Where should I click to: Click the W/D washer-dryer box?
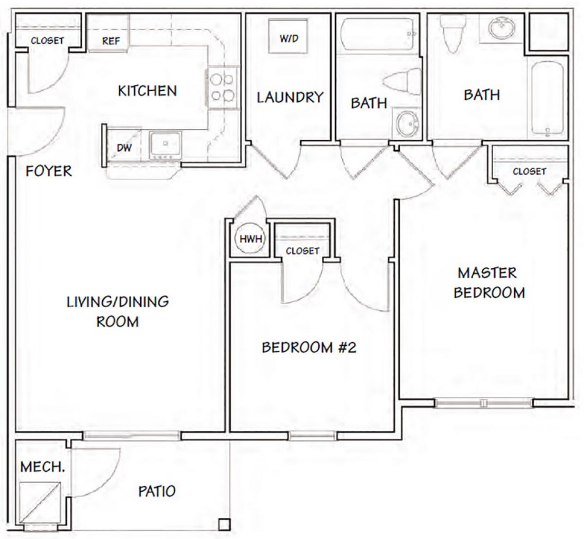point(288,36)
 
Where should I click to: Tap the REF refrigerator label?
point(111,40)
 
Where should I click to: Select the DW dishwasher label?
point(125,148)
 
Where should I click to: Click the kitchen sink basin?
point(165,145)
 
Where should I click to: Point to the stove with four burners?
point(222,88)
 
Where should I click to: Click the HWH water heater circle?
point(251,239)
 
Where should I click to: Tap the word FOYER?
point(49,171)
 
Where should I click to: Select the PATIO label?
point(157,491)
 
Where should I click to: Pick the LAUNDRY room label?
point(290,97)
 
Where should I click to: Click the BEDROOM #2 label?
point(309,348)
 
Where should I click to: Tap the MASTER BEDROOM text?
point(489,283)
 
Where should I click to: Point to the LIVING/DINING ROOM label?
point(118,312)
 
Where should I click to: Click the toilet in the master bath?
point(453,33)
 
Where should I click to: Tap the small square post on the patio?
point(224,524)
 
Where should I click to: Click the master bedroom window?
point(484,403)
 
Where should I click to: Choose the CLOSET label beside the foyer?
point(47,40)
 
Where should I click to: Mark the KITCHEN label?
point(147,91)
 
